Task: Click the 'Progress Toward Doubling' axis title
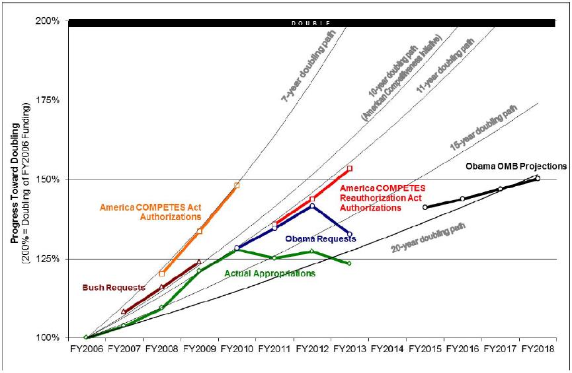tap(15, 178)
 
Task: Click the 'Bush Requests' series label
tap(104, 288)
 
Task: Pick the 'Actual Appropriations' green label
tap(270, 273)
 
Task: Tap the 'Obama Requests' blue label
tap(320, 238)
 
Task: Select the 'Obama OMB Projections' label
tap(516, 166)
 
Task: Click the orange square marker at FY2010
tap(237, 186)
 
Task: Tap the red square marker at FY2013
tap(350, 168)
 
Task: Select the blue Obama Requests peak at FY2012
tap(312, 206)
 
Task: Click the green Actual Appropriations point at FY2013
tap(350, 263)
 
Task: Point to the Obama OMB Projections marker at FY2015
tap(425, 207)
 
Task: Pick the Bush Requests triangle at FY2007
tap(124, 312)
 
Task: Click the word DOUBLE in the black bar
tap(311, 24)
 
